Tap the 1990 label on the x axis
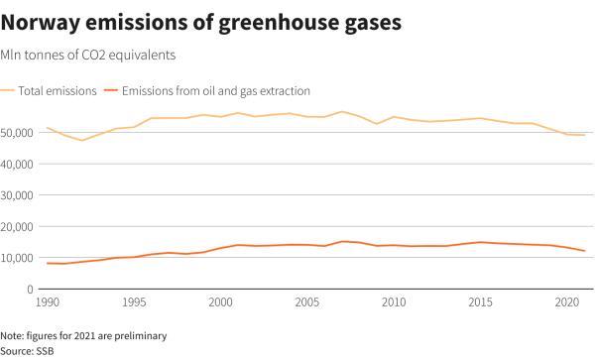[x=47, y=302]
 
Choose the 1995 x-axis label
[x=134, y=302]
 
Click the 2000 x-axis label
[x=220, y=302]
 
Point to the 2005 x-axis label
[x=307, y=302]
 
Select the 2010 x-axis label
[x=395, y=302]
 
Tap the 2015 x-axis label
[x=481, y=302]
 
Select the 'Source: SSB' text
[x=28, y=350]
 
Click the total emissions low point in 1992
[x=81, y=140]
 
